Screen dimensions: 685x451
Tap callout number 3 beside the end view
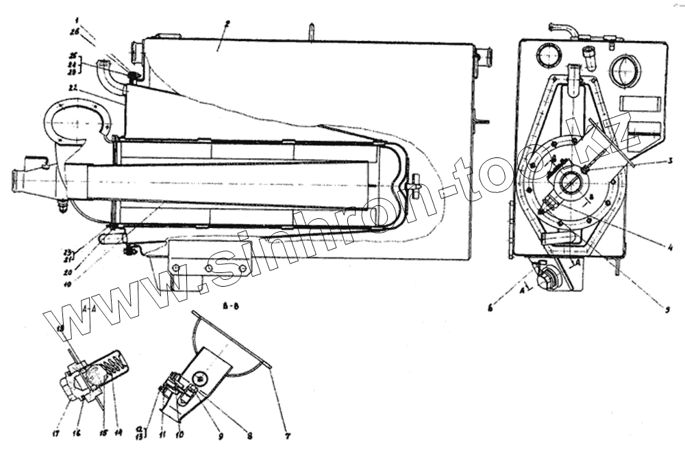click(x=671, y=162)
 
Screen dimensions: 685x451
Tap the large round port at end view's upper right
click(x=624, y=70)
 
